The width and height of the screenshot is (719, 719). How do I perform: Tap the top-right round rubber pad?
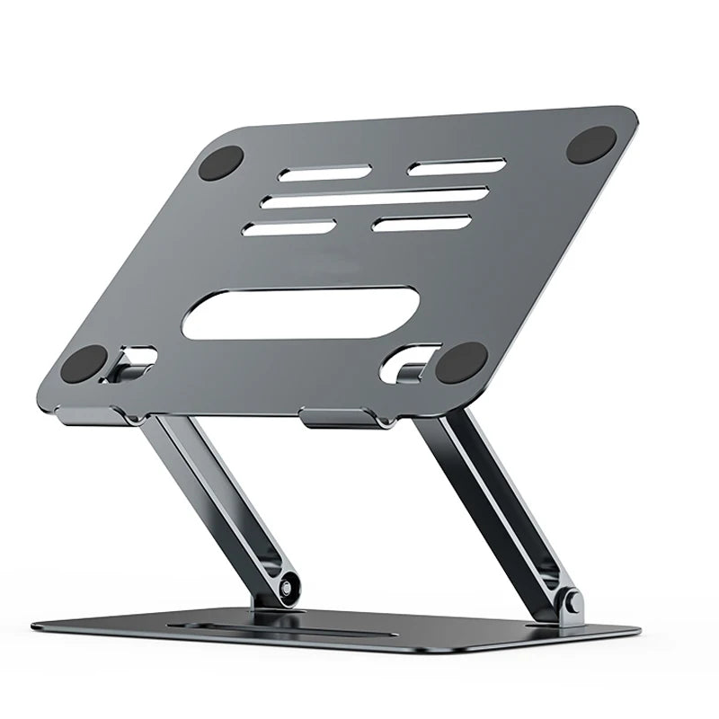pos(591,144)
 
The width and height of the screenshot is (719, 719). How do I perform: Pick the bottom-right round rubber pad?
pos(461,362)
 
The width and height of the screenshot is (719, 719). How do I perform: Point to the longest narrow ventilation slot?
pos(377,198)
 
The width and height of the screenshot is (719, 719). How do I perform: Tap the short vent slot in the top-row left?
pos(313,173)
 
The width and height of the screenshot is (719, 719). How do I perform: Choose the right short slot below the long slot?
pos(422,222)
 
